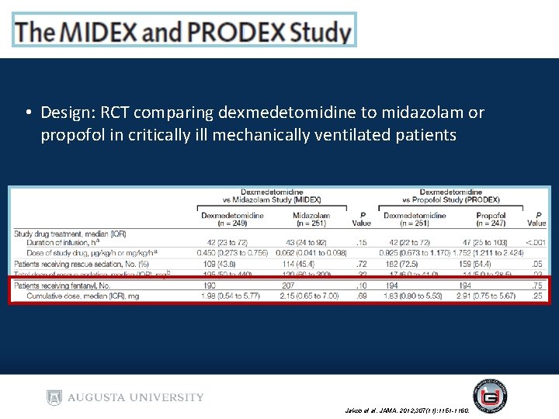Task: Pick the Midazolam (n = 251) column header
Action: tap(311, 219)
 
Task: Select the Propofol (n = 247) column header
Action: tap(490, 219)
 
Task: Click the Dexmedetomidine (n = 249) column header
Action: tap(232, 219)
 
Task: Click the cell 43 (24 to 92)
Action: tap(311, 243)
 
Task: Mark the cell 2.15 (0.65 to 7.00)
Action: tap(311, 296)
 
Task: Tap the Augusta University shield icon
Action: tap(54, 397)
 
